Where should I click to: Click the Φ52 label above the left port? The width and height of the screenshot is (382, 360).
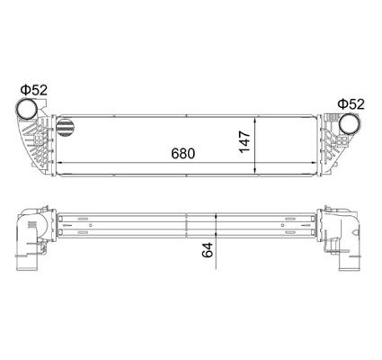point(34,90)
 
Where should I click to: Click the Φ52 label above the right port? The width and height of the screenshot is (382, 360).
point(351,103)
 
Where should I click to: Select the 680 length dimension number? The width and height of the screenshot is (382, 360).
point(183,154)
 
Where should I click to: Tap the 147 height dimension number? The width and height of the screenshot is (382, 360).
point(244,142)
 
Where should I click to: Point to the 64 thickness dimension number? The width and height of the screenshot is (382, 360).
point(208,250)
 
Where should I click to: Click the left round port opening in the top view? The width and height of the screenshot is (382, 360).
point(26,108)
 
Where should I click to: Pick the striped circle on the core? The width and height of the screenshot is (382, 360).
point(65,128)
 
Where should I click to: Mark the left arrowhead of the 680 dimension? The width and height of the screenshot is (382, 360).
point(59,163)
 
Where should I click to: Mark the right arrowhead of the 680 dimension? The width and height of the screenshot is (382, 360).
point(314,163)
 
